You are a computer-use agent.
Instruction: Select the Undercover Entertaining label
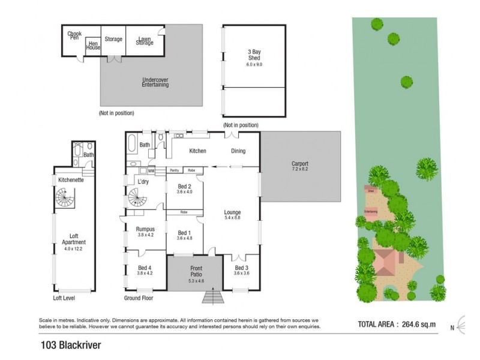point(155,82)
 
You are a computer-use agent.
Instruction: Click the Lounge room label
point(232,214)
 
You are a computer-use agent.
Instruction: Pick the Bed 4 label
point(145,270)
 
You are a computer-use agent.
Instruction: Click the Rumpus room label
point(145,231)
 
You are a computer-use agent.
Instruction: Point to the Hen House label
point(93,45)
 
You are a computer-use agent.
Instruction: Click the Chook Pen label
point(74,36)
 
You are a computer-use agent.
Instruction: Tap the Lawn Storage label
point(144,40)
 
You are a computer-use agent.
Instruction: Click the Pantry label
point(175,170)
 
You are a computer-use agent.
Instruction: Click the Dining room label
point(238,151)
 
